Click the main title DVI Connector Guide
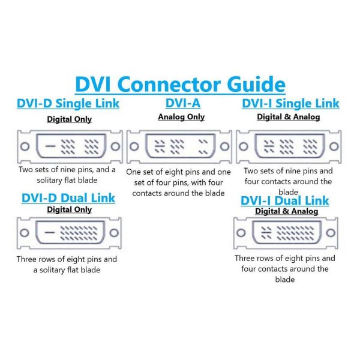180,85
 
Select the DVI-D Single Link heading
68,103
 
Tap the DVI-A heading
183,103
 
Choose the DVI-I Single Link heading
290,103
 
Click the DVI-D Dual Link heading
68,198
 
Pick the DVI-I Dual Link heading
284,200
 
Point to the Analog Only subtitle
181,117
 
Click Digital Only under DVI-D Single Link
70,119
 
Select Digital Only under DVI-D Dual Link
70,209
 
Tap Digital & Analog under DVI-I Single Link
289,117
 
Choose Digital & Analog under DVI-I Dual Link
287,211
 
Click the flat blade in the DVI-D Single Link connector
50,146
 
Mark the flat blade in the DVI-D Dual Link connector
50,233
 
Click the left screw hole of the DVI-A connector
134,146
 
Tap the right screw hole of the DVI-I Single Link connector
334,146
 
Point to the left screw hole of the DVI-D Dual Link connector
25,233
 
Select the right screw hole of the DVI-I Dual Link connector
331,233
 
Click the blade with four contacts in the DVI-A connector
160,146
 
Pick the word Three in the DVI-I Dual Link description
245,258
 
